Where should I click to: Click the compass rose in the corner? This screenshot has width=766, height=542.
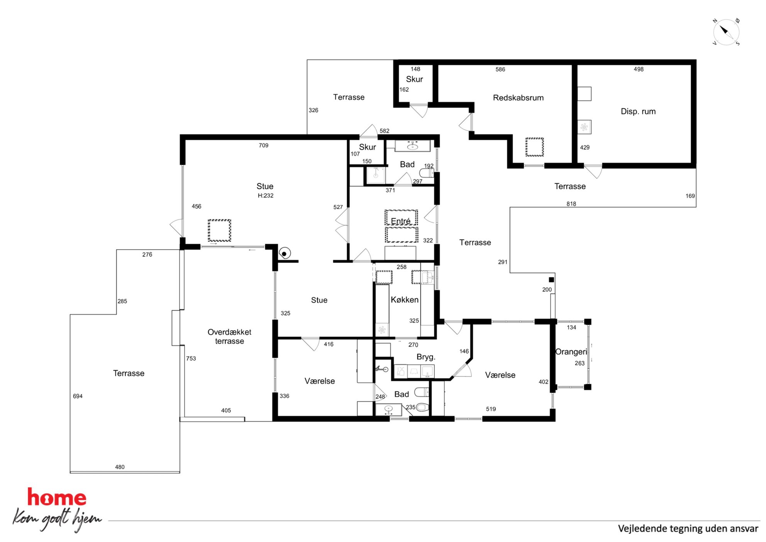(x=726, y=32)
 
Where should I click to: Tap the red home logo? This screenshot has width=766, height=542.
(x=57, y=497)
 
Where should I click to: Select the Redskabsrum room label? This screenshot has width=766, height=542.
(x=518, y=98)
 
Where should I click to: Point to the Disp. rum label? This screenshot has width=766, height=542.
(x=638, y=112)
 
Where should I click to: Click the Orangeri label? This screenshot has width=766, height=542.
(x=571, y=352)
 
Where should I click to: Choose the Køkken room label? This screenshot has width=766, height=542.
(x=405, y=300)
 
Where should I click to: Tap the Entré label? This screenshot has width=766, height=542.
(x=401, y=221)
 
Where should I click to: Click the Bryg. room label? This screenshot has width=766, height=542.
(x=426, y=357)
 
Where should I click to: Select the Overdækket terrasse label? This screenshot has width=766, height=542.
(x=229, y=336)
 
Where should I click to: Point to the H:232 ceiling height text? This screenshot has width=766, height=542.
(x=266, y=196)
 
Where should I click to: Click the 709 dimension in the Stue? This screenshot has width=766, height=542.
(x=264, y=146)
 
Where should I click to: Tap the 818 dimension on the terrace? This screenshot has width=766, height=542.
(x=571, y=204)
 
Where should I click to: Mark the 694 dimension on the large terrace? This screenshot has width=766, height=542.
(x=78, y=396)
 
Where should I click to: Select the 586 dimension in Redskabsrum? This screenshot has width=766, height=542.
(x=500, y=70)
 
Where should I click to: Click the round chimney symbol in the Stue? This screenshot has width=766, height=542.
(x=285, y=253)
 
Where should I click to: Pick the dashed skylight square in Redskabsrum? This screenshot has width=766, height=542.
(x=535, y=147)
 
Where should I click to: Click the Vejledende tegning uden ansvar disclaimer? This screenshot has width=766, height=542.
(x=688, y=529)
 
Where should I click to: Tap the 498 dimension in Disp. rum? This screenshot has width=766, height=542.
(x=639, y=70)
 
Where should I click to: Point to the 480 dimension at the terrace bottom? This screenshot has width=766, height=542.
(x=120, y=467)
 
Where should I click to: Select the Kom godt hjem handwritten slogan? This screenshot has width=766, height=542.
(x=57, y=520)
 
